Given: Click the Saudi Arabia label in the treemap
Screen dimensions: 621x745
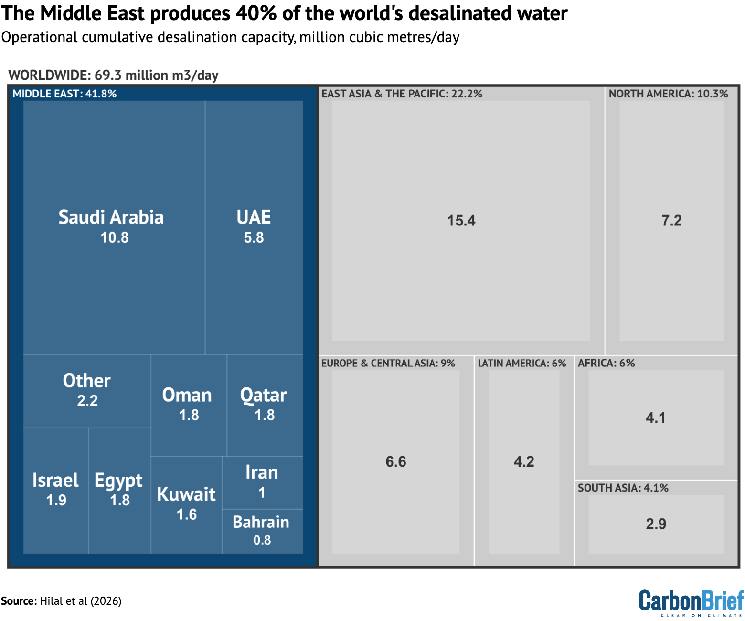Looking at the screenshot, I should click(x=111, y=217).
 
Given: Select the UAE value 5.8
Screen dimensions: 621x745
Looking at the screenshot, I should click(x=254, y=237).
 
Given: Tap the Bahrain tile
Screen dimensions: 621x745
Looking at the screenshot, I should click(x=262, y=531).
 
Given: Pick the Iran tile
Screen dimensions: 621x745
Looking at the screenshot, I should click(x=262, y=482).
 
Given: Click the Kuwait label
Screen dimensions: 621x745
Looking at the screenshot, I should click(x=186, y=494).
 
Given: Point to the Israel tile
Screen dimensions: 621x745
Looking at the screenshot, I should click(x=56, y=490).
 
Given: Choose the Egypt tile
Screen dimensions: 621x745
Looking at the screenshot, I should click(x=119, y=490).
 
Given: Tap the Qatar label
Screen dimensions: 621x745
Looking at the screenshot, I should click(x=264, y=396).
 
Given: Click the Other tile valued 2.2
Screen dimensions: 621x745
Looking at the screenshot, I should click(x=87, y=390).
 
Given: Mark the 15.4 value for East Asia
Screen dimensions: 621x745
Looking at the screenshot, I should click(x=461, y=221).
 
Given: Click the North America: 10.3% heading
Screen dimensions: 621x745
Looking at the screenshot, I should click(x=668, y=94).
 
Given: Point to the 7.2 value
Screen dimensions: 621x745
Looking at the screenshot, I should click(x=671, y=221).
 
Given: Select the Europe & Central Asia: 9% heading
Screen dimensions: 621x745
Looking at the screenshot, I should click(x=388, y=363).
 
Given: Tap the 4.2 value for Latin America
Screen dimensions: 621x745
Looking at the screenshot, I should click(x=524, y=461).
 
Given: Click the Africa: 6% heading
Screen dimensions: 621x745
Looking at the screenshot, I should click(x=606, y=363).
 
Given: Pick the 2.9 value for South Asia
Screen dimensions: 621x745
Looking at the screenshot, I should click(x=656, y=524).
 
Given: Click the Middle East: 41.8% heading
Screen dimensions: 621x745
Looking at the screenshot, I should click(x=64, y=94).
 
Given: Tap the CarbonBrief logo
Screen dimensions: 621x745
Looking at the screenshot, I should click(x=691, y=602).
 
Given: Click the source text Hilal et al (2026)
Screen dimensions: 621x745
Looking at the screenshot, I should click(x=80, y=601).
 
